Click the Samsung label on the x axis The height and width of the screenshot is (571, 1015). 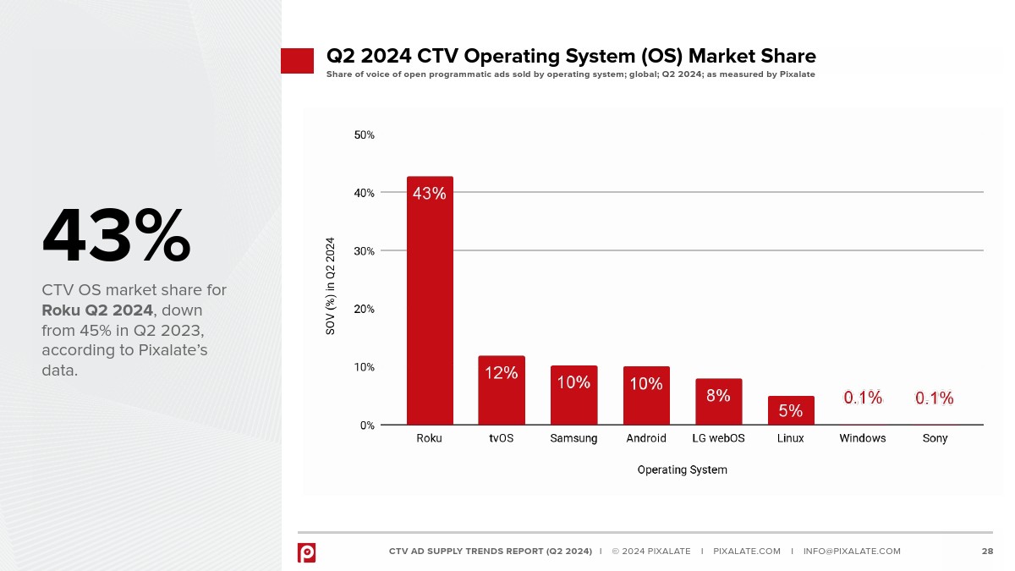coord(573,438)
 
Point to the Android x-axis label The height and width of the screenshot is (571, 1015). coord(646,438)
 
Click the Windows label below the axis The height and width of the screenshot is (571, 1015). coord(863,438)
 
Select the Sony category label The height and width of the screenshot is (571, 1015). coord(935,438)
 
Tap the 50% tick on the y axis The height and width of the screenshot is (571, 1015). coord(364,135)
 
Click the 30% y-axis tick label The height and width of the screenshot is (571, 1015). coord(364,251)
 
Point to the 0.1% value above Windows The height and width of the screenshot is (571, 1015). coord(863,398)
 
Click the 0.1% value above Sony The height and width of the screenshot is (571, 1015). coord(935,398)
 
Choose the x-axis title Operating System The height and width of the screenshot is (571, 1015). coord(682,469)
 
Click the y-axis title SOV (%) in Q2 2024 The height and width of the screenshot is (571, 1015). coord(331,285)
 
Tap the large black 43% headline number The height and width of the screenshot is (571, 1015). coord(116,237)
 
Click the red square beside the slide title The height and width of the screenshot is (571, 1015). coord(297,61)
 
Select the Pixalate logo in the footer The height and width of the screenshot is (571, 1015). coord(306,552)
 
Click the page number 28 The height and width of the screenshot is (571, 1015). coord(987,552)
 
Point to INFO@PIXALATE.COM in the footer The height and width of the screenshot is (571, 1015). coord(852,552)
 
